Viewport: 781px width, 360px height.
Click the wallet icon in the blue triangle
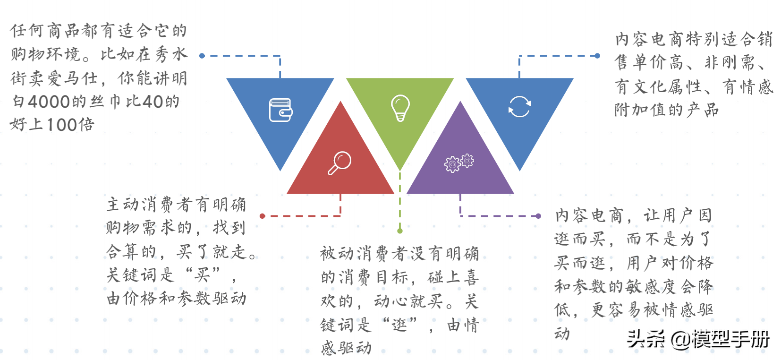tap(280, 110)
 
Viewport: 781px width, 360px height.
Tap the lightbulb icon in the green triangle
tap(400, 108)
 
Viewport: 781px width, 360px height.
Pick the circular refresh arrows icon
tap(519, 106)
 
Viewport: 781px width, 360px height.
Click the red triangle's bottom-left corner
tap(288, 193)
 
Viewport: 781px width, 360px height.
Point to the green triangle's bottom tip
tap(400, 170)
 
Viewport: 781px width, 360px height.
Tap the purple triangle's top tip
tap(460, 102)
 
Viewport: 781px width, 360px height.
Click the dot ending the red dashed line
tap(263, 216)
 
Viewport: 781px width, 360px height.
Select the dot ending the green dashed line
tap(400, 231)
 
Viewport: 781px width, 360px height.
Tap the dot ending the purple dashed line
tap(538, 216)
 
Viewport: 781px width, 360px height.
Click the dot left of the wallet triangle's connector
tap(202, 56)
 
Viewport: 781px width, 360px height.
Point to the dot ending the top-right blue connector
tap(597, 56)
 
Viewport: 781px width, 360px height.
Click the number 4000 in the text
tap(49, 102)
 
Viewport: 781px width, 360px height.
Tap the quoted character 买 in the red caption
tap(203, 274)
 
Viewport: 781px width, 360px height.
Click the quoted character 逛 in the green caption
tap(399, 325)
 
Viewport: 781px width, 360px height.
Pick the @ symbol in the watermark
tap(680, 339)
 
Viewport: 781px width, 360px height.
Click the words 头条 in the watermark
tap(645, 339)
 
